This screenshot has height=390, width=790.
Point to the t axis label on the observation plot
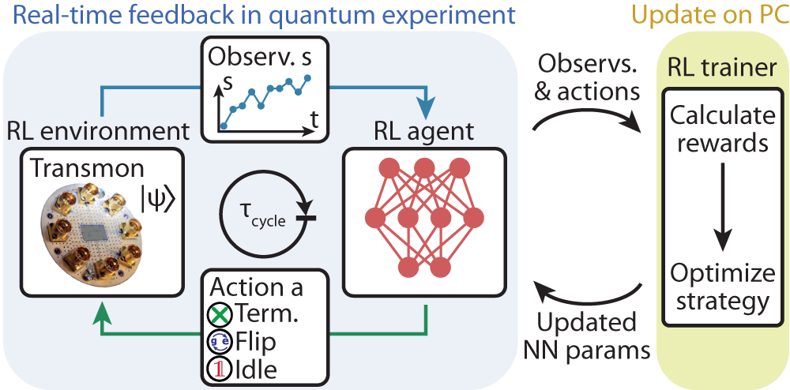pos(315,120)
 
